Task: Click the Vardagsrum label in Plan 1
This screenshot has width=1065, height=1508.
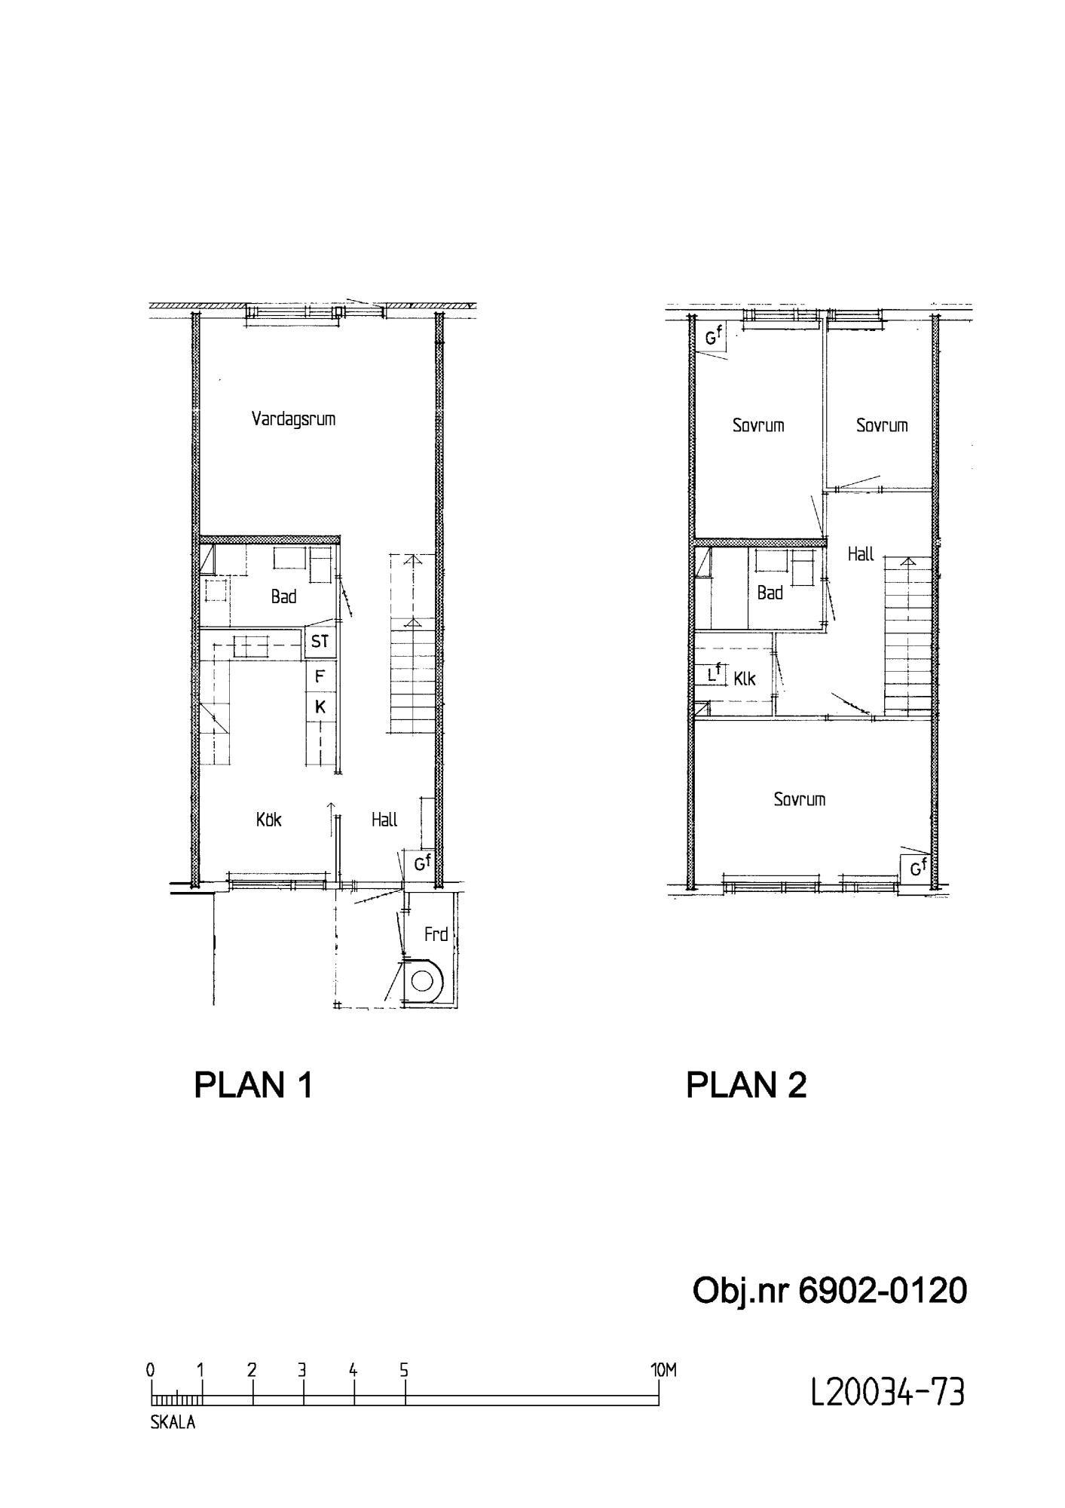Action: pyautogui.click(x=293, y=419)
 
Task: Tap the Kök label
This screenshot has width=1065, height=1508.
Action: pyautogui.click(x=269, y=820)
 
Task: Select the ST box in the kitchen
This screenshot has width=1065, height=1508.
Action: pyautogui.click(x=320, y=642)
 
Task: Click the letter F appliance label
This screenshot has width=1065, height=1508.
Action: pyautogui.click(x=320, y=676)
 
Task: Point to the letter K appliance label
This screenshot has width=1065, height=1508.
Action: pyautogui.click(x=320, y=707)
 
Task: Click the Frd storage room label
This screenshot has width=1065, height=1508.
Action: pyautogui.click(x=436, y=935)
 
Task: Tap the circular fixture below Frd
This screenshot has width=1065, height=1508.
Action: pyautogui.click(x=423, y=982)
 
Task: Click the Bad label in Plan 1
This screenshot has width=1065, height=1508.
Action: pyautogui.click(x=283, y=597)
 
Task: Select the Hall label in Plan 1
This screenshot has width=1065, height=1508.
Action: pyautogui.click(x=384, y=820)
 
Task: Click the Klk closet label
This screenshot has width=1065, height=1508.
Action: pyautogui.click(x=745, y=679)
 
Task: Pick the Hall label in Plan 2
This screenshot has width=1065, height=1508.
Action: pyautogui.click(x=861, y=554)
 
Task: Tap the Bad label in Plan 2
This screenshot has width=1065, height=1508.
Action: pyautogui.click(x=770, y=593)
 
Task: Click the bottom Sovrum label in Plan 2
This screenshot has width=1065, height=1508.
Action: pyautogui.click(x=800, y=799)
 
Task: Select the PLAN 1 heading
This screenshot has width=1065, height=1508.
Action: pyautogui.click(x=253, y=1086)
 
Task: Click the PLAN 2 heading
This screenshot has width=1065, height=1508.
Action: pyautogui.click(x=746, y=1086)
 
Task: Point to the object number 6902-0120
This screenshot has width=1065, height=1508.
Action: pyautogui.click(x=829, y=1291)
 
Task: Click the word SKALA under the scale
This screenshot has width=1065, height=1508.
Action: pyautogui.click(x=173, y=1424)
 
